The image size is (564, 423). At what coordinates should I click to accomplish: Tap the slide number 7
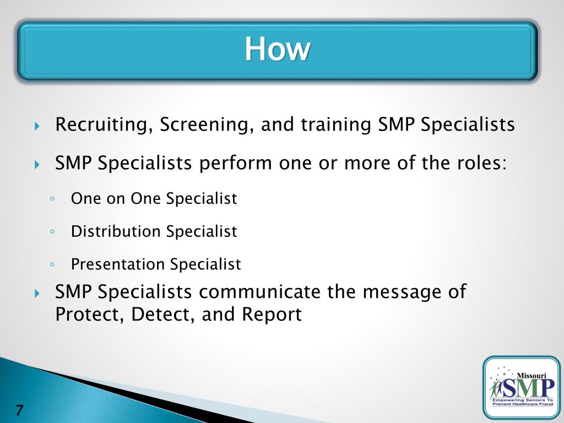pyautogui.click(x=20, y=410)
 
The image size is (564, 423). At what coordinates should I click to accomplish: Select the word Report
pyautogui.click(x=273, y=314)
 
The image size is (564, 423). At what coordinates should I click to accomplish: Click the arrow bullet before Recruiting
pyautogui.click(x=37, y=126)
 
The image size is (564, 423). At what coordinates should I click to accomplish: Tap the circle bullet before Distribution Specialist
pyautogui.click(x=51, y=232)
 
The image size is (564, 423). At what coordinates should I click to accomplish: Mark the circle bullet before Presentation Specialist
pyautogui.click(x=51, y=265)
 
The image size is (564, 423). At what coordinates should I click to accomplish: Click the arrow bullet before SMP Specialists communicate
pyautogui.click(x=37, y=293)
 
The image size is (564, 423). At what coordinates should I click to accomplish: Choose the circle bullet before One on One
pyautogui.click(x=51, y=199)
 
